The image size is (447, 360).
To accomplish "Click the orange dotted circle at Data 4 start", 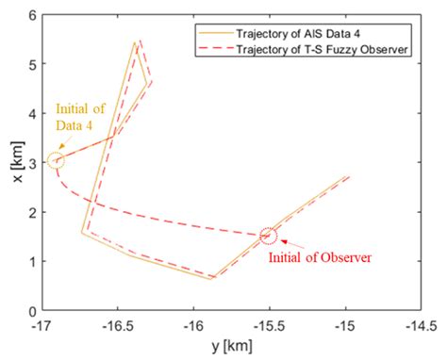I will pos(56,161).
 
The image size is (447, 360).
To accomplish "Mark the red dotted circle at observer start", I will pos(268,236).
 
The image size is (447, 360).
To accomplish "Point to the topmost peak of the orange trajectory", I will pos(135,42).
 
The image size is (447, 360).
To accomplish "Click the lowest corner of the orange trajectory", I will pos(212,279).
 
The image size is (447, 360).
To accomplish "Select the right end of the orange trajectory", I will pos(347,176).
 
